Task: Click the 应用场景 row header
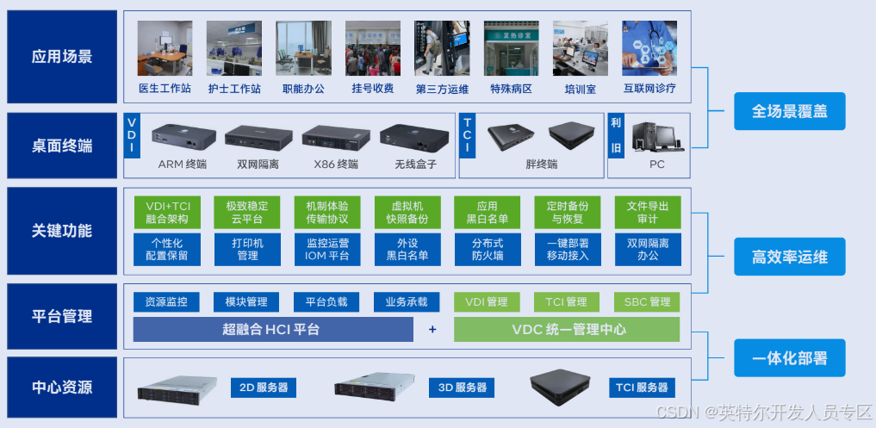point(62,58)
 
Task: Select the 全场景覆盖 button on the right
point(789,111)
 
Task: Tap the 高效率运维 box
point(789,257)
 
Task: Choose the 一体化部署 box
point(789,357)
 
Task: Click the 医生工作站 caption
point(164,89)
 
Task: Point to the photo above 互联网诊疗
point(649,48)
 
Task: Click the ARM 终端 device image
point(183,136)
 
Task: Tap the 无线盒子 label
point(416,164)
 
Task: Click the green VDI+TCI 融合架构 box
point(167,213)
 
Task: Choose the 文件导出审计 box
point(648,213)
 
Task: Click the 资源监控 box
point(166,301)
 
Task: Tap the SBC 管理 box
point(647,301)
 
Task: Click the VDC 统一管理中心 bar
point(568,330)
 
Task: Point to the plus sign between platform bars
point(432,330)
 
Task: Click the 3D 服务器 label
point(463,388)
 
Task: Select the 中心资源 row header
point(62,388)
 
